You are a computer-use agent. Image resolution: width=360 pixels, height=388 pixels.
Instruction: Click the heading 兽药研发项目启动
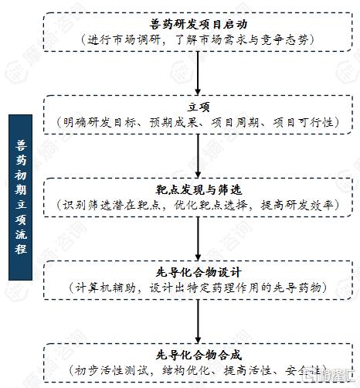click(199, 25)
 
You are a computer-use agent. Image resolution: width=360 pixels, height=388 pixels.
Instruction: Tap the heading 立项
click(199, 107)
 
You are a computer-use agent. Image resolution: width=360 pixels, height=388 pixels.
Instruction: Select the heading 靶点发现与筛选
click(199, 190)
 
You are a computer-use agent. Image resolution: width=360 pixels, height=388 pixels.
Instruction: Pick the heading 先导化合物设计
click(199, 273)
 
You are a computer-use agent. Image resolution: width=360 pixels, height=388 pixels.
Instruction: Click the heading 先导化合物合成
click(199, 356)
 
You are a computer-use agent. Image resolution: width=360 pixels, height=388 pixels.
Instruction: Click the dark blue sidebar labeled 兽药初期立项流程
click(20, 197)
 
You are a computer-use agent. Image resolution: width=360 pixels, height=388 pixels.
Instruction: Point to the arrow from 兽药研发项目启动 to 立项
click(198, 73)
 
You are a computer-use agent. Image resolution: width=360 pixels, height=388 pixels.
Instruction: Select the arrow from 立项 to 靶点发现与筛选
click(198, 156)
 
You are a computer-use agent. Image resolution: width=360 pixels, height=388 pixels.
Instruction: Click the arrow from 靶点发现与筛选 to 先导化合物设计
click(198, 239)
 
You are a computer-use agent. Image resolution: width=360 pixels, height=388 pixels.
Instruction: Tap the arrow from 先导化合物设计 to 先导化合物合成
click(198, 322)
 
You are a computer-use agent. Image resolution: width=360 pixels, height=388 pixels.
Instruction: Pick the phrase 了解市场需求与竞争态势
click(242, 40)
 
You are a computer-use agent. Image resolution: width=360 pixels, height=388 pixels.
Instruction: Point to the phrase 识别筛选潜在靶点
click(111, 206)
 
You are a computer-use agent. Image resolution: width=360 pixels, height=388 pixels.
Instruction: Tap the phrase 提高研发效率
click(297, 206)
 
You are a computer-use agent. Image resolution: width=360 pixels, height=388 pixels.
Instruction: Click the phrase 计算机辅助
click(106, 288)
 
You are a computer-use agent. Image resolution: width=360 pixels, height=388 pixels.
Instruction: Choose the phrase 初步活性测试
click(111, 371)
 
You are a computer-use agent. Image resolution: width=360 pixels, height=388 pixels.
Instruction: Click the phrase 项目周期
click(235, 123)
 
